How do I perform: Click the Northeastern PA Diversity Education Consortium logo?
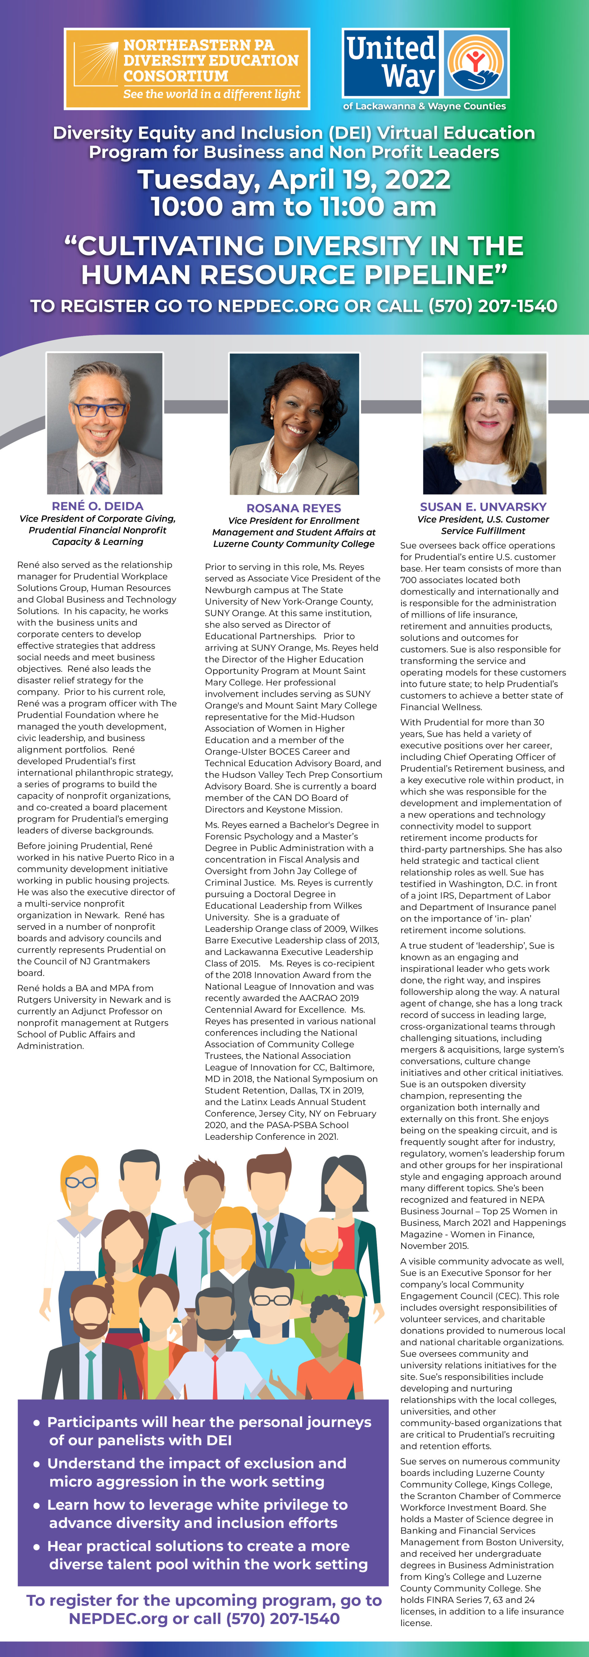pyautogui.click(x=187, y=68)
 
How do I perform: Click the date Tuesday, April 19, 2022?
pyautogui.click(x=294, y=179)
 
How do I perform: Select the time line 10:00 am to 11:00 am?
pyautogui.click(x=294, y=207)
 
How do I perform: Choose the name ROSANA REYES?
pyautogui.click(x=294, y=508)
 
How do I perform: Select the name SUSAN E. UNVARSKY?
pyautogui.click(x=483, y=507)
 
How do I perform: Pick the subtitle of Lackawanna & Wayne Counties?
pyautogui.click(x=424, y=106)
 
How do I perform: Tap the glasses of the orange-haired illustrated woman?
pyautogui.click(x=81, y=1182)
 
